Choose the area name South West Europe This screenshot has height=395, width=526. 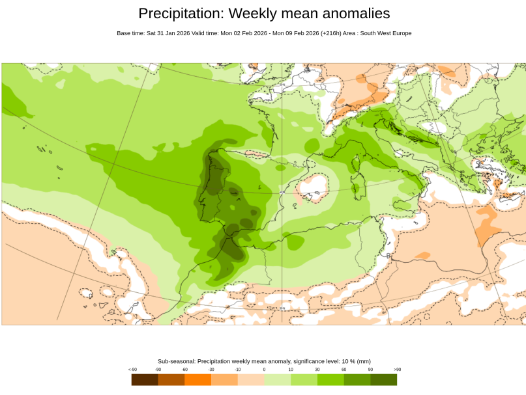[x=388, y=33]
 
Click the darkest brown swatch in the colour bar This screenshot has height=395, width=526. [x=144, y=379]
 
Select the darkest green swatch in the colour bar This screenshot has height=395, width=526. [x=384, y=379]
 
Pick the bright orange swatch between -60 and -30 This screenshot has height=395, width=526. [x=197, y=379]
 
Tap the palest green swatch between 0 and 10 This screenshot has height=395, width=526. [x=277, y=379]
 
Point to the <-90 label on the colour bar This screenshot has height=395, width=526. [x=132, y=370]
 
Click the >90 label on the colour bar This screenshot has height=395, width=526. [x=397, y=370]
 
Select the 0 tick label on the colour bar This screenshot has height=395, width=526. [x=264, y=370]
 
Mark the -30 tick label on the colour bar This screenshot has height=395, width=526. [x=211, y=370]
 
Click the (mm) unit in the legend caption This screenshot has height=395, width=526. [x=364, y=361]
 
